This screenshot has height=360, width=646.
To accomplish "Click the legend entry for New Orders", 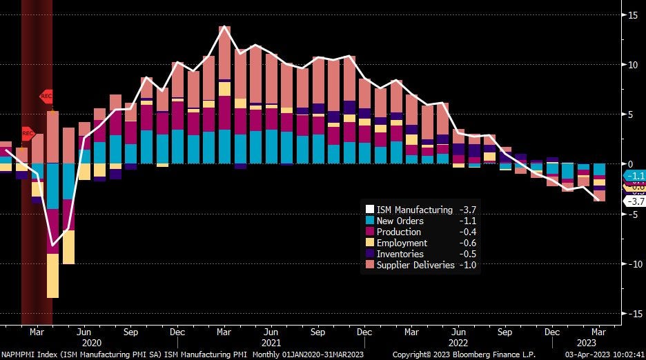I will [x=400, y=221].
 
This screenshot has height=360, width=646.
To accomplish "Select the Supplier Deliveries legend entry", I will [x=415, y=265].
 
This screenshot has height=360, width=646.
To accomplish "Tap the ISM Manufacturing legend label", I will [x=414, y=210].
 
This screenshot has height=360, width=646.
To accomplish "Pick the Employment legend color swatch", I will [x=370, y=243].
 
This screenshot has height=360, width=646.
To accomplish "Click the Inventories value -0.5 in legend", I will [x=467, y=254].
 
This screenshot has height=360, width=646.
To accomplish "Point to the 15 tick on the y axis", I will [x=632, y=14].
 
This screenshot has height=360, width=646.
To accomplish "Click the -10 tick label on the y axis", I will [x=630, y=263].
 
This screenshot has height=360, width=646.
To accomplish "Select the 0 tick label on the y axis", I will [x=630, y=164].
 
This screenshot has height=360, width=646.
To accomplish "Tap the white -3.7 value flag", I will [x=634, y=201].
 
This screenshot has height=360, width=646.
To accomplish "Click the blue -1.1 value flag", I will [x=634, y=175].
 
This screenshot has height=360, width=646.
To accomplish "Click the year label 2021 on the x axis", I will [x=271, y=342].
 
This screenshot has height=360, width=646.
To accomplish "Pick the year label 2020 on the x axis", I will [x=91, y=342].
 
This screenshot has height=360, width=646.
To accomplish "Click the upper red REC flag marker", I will [x=46, y=97].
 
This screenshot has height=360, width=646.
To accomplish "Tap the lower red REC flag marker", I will [x=27, y=132].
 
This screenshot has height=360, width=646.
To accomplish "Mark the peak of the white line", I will [x=224, y=27].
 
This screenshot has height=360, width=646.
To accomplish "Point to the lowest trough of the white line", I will [x=52, y=245].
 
